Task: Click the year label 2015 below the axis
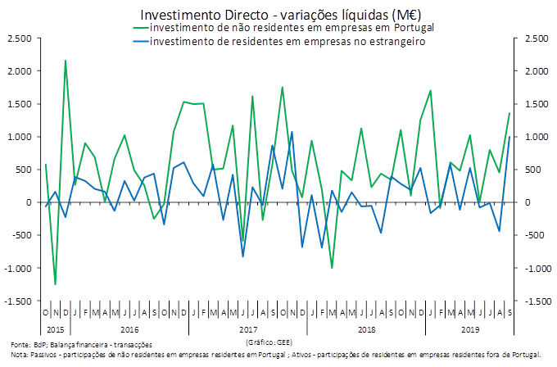tap(55, 328)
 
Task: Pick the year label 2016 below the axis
tap(129, 328)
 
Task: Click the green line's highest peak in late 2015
tap(66, 61)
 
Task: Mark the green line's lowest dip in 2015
tap(56, 284)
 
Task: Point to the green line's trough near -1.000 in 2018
tap(332, 268)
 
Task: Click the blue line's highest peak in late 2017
tap(292, 132)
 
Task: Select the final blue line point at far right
tap(509, 137)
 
